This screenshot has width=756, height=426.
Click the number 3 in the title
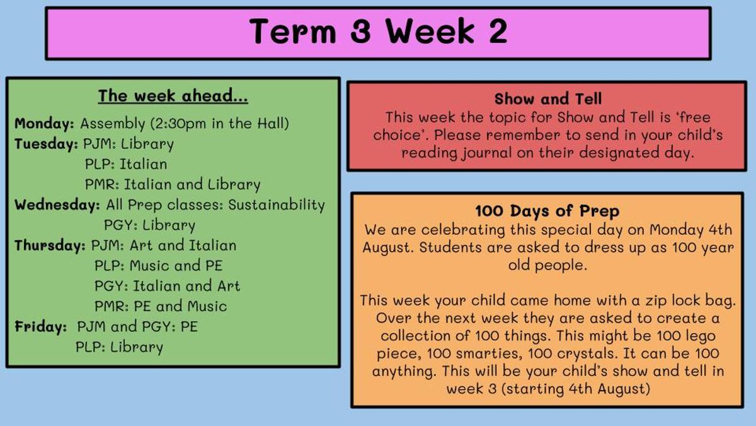[360, 31]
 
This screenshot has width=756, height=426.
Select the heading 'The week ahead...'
[173, 96]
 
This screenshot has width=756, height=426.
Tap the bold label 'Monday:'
[44, 124]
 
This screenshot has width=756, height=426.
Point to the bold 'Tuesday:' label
[46, 144]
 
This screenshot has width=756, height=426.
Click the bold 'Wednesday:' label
[57, 204]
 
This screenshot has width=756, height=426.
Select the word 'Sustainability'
[277, 205]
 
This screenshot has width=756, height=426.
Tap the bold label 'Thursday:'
[50, 245]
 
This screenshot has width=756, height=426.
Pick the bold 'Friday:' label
[40, 327]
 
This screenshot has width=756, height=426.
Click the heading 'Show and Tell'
[547, 98]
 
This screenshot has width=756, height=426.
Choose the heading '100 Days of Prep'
[547, 211]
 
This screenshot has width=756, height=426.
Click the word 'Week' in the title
[430, 31]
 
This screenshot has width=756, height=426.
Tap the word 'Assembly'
[112, 124]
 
